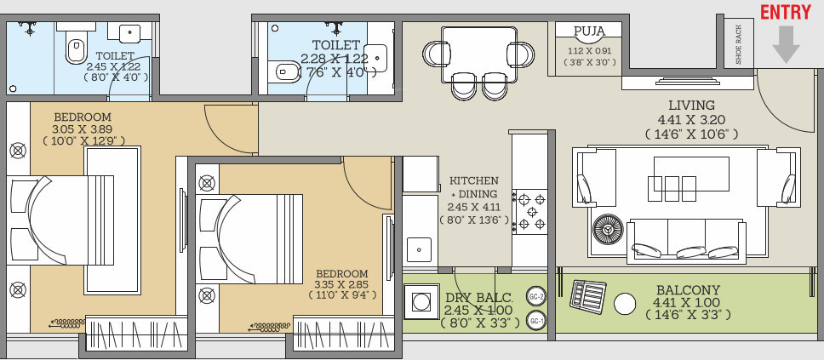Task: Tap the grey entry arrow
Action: point(786,43)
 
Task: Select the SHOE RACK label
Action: point(738,45)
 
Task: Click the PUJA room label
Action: point(589,32)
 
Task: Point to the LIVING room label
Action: point(691,106)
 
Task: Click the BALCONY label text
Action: point(687,290)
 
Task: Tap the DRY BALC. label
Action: point(479,298)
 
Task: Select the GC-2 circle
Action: point(536,297)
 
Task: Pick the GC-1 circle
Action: point(536,321)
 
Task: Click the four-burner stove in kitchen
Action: point(529,212)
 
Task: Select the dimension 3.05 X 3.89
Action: point(83,129)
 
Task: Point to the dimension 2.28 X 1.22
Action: point(335,59)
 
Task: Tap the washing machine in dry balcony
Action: point(420,301)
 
